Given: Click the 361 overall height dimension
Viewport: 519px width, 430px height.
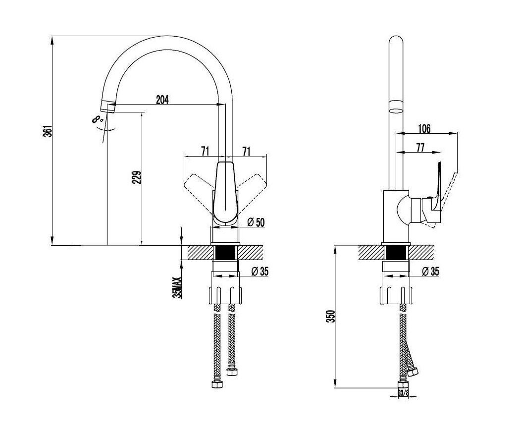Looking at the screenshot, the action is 49,131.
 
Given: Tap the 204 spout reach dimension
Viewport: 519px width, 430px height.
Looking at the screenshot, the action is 162,99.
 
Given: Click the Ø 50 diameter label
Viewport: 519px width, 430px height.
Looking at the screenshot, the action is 256,222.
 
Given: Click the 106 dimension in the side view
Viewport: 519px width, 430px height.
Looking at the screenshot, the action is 424,128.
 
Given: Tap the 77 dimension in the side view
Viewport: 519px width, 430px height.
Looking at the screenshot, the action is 420,147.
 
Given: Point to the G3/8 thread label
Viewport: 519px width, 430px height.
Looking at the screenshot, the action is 403,393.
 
